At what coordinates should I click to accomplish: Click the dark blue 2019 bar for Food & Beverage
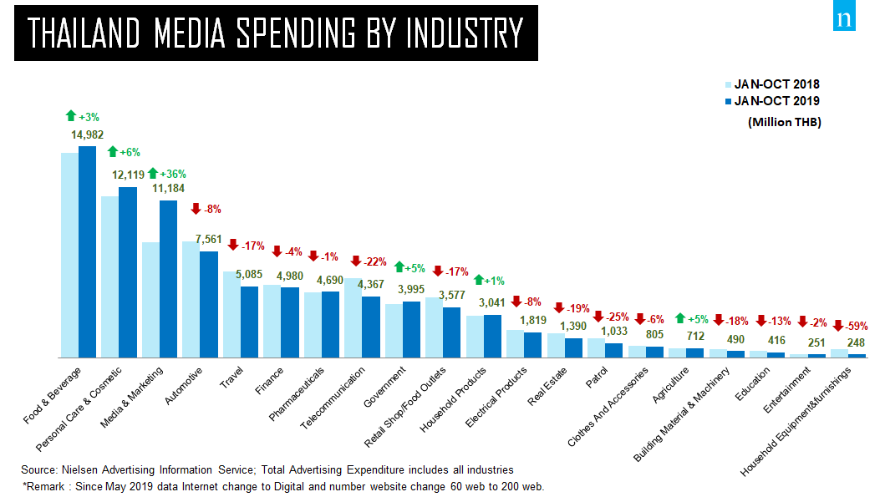87,251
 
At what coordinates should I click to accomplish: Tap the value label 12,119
128,175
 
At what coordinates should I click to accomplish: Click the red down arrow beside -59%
838,326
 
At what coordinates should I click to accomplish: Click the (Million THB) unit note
784,122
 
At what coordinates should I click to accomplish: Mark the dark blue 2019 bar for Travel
249,322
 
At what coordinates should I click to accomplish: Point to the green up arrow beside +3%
70,115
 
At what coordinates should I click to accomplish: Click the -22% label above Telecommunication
373,261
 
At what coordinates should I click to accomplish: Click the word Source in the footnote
38,469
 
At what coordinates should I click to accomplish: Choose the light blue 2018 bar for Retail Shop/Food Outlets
434,327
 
